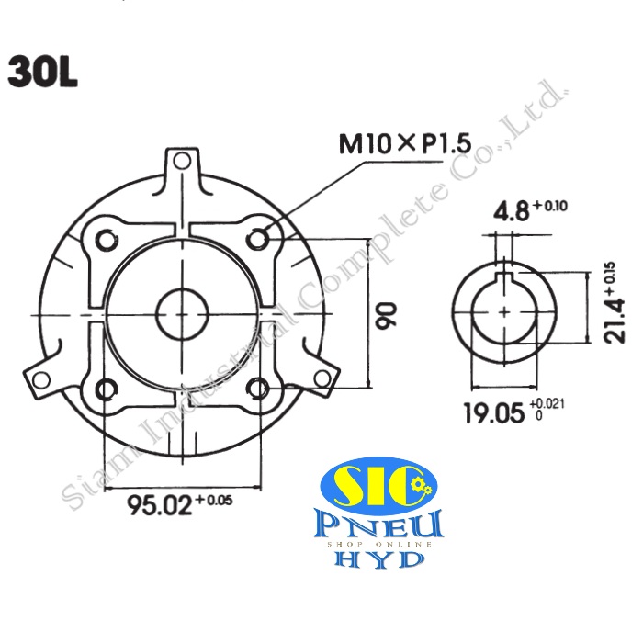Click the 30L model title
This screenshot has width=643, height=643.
(43, 73)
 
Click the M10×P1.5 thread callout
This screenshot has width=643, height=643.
(404, 144)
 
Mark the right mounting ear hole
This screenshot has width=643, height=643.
(321, 376)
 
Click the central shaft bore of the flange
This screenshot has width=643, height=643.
(182, 314)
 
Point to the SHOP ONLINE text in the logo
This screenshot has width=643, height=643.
(380, 544)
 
